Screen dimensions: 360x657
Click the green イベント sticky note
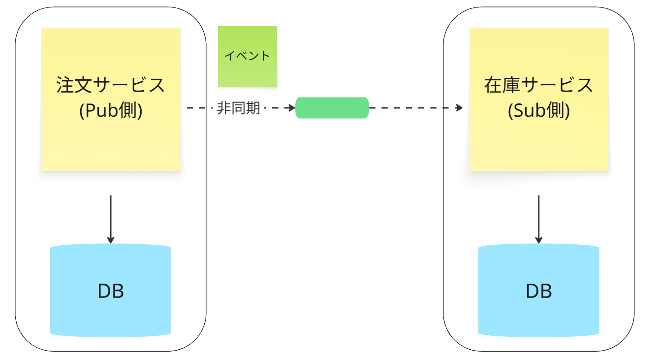248,56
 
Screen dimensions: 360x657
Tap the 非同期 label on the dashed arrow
238,108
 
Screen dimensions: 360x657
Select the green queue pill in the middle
332,108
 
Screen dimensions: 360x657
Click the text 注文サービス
111,85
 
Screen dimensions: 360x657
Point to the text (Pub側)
111,111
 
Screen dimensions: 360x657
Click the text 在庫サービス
539,85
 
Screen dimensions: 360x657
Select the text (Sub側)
539,111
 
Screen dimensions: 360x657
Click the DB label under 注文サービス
111,291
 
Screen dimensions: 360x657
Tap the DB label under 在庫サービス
539,291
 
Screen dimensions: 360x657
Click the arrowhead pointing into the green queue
291,108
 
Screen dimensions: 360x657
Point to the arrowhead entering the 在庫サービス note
460,108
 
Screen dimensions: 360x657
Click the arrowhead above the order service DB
111,240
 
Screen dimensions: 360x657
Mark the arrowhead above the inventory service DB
539,240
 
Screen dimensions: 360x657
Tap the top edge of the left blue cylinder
111,245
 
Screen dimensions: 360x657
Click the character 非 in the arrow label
224,108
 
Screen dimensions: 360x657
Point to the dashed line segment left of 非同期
199,108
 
